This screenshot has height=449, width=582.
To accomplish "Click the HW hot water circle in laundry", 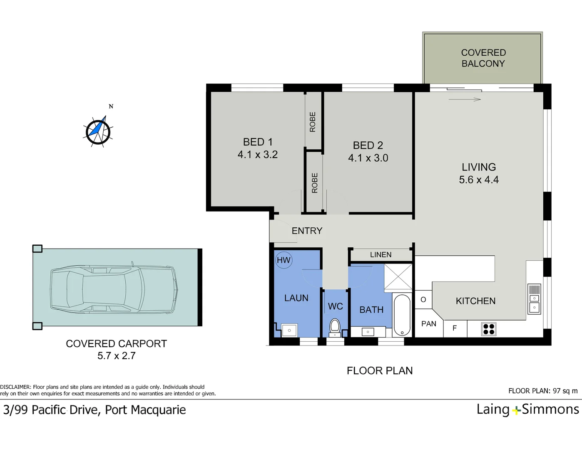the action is tap(284, 260).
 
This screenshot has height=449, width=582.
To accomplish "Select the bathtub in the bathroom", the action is tap(402, 315).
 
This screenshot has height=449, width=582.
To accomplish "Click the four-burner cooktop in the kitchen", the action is tap(489, 329).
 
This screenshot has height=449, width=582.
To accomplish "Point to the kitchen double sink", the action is tap(534, 299).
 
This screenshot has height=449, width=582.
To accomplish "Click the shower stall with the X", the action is tap(398, 277).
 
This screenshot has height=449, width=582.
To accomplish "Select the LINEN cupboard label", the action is tap(381, 254).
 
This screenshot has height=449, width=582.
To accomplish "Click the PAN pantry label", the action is tap(428, 324).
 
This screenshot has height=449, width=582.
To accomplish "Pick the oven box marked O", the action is tap(423, 299).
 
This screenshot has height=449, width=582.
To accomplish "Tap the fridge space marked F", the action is tap(455, 328).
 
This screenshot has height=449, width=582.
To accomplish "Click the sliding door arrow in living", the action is tap(465, 100).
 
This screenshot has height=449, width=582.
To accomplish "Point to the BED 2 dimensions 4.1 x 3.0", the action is tap(368, 158).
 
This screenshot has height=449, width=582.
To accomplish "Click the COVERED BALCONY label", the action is tap(483, 58).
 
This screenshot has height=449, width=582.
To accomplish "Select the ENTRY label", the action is tap(307, 231).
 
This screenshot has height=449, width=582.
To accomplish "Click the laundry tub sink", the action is tap(289, 331).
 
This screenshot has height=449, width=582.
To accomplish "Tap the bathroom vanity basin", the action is tap(368, 332).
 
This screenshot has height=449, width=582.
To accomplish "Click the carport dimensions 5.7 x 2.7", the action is tap(117, 356).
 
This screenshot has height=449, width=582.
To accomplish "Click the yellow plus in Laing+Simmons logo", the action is tap(516, 411).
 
